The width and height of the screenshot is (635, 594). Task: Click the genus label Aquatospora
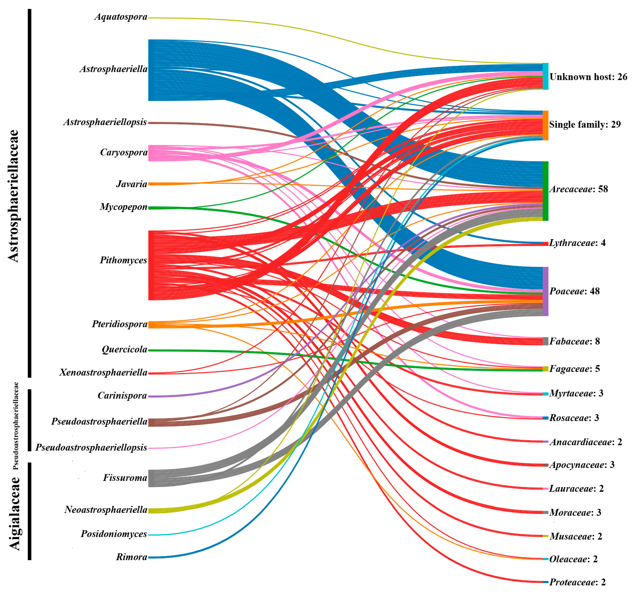click(121, 17)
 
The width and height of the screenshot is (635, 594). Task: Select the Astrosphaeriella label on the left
click(114, 69)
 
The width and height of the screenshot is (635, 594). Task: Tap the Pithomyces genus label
click(124, 260)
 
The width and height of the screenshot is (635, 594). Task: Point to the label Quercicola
click(124, 350)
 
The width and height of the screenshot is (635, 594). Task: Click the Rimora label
click(132, 557)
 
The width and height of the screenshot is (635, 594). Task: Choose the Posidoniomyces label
click(114, 534)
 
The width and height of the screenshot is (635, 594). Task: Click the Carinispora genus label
click(122, 396)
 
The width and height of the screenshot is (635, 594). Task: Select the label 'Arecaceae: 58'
click(578, 189)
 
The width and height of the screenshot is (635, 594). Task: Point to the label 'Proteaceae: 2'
click(577, 582)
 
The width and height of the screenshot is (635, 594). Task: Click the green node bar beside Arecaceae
click(546, 191)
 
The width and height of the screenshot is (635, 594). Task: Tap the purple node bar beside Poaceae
click(546, 291)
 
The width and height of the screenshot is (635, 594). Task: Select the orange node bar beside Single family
click(546, 125)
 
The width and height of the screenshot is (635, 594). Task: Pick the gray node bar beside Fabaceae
click(546, 341)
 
